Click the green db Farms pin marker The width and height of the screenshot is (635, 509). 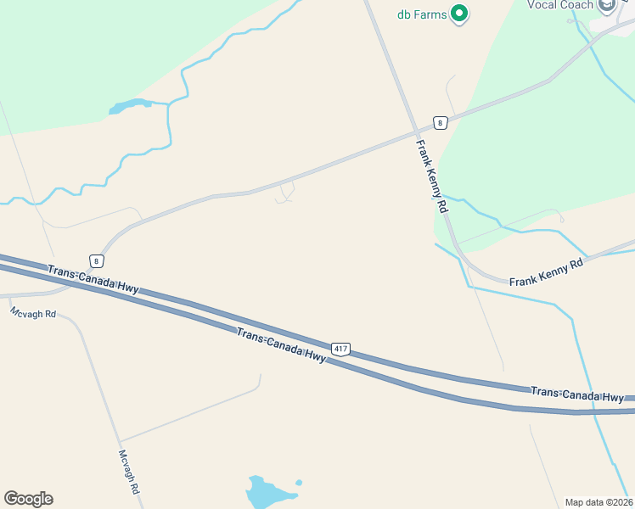click(459, 14)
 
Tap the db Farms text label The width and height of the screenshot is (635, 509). click(422, 14)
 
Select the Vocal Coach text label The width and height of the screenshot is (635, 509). click(560, 4)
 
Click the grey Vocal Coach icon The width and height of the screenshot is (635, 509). click(607, 6)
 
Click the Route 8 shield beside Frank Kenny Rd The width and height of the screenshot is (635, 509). click(439, 123)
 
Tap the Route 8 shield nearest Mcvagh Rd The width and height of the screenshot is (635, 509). click(98, 261)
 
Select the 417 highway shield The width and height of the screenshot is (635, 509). click(340, 349)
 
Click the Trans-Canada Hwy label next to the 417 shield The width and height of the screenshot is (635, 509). click(281, 346)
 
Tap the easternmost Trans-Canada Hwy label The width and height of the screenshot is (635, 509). click(577, 394)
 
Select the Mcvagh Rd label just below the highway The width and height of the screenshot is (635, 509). click(33, 313)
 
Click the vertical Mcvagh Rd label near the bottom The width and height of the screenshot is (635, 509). click(129, 473)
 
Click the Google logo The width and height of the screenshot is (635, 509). click(28, 499)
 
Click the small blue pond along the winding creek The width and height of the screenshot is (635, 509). click(128, 106)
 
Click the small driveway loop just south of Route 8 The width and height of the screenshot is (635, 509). click(285, 193)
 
